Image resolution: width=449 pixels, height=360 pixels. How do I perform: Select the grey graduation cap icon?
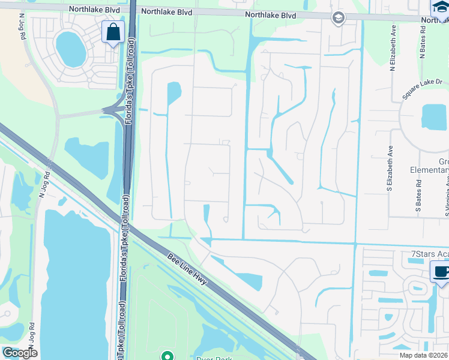pyautogui.click(x=337, y=18)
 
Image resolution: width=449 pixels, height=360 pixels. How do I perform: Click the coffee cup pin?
pyautogui.click(x=441, y=273)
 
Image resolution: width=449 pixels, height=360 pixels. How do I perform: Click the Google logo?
pyautogui.click(x=20, y=353)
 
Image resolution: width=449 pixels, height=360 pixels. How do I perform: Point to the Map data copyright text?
pyautogui.click(x=421, y=355)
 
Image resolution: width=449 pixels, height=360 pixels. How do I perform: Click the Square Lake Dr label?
pyautogui.click(x=422, y=90)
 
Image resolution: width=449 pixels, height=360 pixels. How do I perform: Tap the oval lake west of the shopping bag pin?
pyautogui.click(x=70, y=49)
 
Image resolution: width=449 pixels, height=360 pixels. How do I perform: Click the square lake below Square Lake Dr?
pyautogui.click(x=434, y=117)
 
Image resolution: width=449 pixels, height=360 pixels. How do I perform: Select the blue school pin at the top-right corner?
pyautogui.click(x=441, y=7)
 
